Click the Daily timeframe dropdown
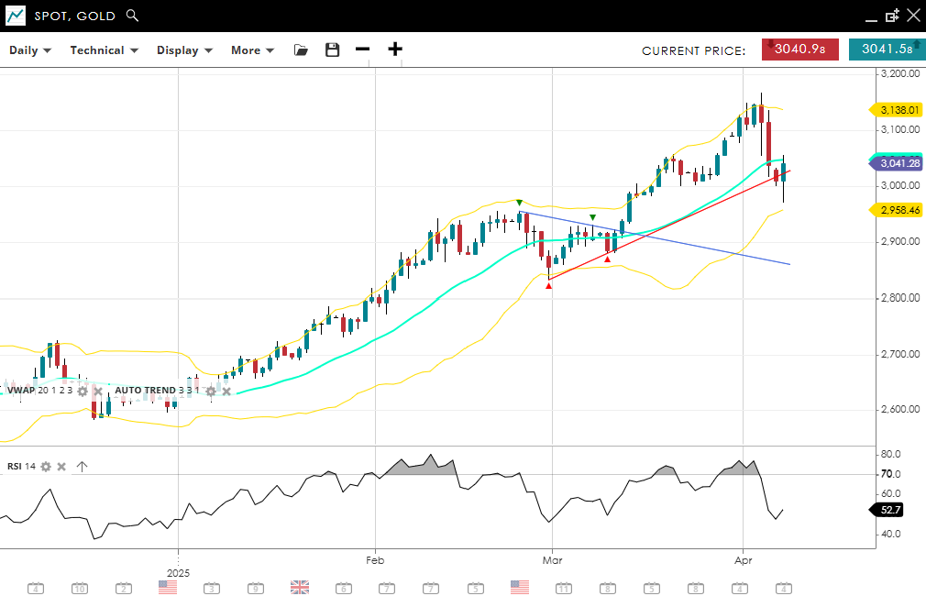coord(30,50)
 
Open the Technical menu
coord(104,50)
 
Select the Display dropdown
coord(184,50)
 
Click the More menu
coord(252,50)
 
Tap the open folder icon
coord(301,50)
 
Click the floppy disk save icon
coord(333,50)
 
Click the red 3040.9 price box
coord(799,50)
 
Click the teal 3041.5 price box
coord(887,50)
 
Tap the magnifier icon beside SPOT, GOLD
coord(132,16)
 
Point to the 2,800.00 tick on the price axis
coord(899,298)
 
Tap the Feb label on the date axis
coord(374,558)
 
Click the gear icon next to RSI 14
coord(46,467)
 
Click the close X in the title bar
coord(912,16)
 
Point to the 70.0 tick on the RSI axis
coord(890,474)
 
